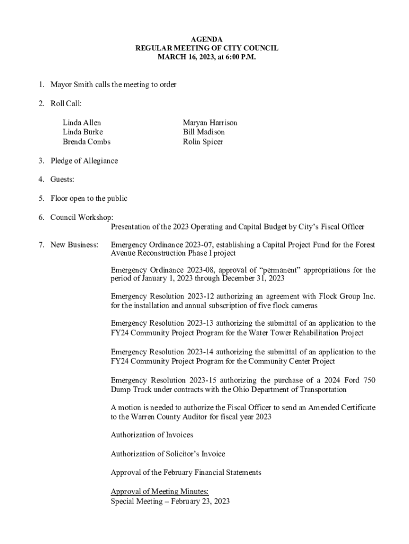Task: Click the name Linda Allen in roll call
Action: click(81, 123)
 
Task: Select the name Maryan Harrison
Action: click(210, 123)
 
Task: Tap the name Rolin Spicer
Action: click(203, 142)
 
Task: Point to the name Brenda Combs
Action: click(87, 142)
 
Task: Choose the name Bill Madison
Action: click(203, 132)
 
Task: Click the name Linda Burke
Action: click(82, 132)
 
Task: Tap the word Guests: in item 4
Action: click(62, 180)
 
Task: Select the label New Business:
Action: click(74, 245)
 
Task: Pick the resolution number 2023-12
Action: click(202, 295)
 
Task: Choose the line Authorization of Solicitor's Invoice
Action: click(167, 454)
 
